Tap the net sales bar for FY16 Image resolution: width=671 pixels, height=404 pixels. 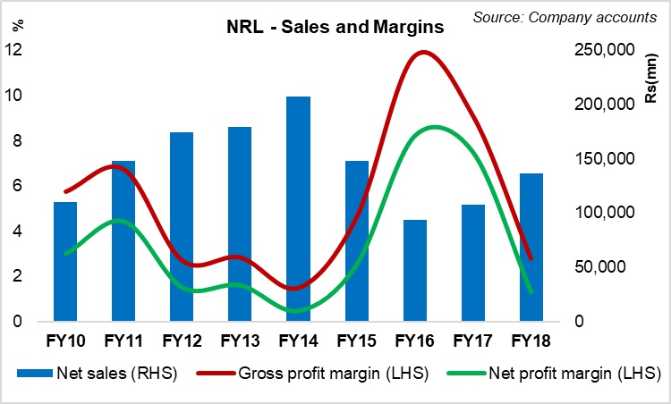tap(414, 270)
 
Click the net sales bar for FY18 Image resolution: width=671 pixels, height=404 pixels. tap(531, 247)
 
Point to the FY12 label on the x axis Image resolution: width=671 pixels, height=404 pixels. tap(182, 341)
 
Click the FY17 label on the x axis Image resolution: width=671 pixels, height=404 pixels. tap(472, 341)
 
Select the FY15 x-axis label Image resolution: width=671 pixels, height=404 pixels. tap(356, 341)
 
